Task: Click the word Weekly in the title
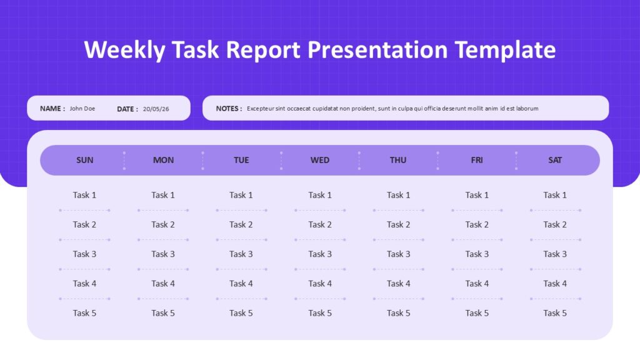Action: point(124,50)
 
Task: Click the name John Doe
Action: point(82,109)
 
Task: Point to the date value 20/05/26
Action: point(156,109)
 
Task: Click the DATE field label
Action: point(127,109)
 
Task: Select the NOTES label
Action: point(229,109)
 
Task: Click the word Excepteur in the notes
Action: point(261,109)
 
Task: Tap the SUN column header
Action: point(85,160)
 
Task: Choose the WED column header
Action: point(320,160)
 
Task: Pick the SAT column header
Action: point(555,160)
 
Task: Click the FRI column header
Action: point(477,160)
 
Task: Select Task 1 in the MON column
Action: point(163,195)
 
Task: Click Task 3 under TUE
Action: point(241,254)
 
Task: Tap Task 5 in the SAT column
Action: point(555,313)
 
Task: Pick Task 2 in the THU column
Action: point(398,224)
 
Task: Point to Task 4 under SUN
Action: point(84,283)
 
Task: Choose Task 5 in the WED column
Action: point(320,313)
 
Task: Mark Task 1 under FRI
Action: point(477,195)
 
